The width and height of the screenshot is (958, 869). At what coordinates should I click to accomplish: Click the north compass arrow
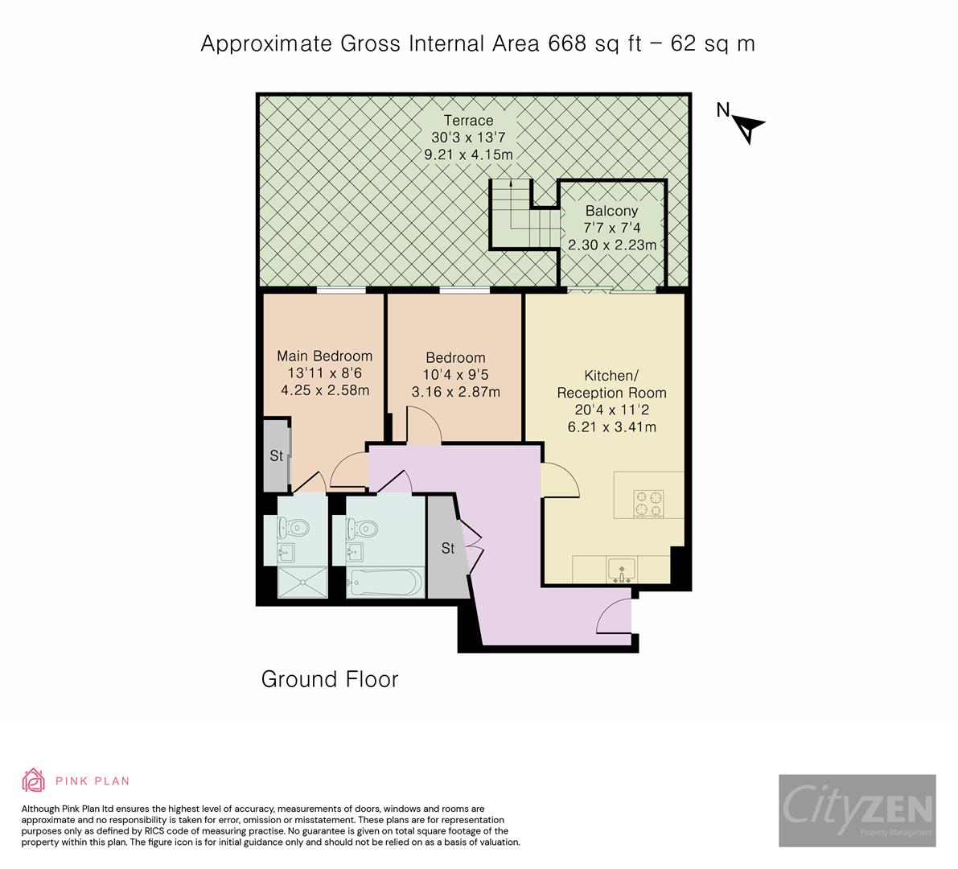[749, 126]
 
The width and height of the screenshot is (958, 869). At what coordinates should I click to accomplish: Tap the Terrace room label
[467, 121]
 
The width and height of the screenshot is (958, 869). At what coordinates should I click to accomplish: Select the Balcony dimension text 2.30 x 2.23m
[612, 245]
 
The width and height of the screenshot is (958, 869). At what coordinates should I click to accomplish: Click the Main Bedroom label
[324, 356]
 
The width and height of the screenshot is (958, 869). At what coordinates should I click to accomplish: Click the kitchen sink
[621, 570]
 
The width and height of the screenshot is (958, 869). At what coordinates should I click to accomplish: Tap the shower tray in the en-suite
[302, 583]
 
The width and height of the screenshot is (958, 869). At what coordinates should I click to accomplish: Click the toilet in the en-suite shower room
[293, 527]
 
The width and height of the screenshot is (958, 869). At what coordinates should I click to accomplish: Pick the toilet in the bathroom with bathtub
[361, 528]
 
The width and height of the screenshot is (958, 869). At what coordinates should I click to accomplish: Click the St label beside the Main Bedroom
[276, 456]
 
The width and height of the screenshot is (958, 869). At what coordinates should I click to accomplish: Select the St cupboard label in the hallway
[448, 549]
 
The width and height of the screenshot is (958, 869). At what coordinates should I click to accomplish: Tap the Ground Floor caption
[330, 679]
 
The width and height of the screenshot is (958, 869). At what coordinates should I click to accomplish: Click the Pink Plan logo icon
[34, 780]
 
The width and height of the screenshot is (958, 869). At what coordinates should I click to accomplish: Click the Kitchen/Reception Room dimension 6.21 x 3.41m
[611, 426]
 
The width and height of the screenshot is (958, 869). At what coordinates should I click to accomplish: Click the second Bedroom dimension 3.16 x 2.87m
[455, 392]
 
